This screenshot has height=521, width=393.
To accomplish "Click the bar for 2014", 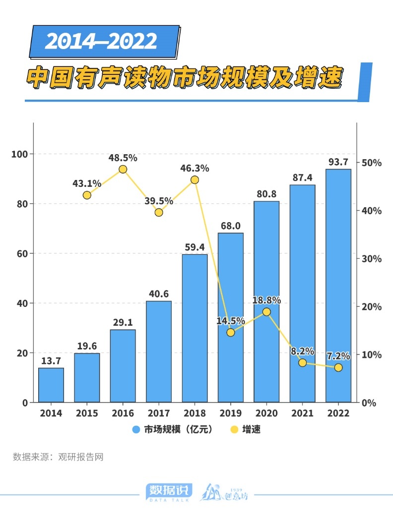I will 51,385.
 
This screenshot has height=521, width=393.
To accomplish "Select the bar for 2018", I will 195,328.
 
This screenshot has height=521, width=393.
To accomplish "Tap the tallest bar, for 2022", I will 338,285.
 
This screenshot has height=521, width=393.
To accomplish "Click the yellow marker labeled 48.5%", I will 123,170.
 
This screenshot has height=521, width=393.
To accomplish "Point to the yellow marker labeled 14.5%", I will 231,332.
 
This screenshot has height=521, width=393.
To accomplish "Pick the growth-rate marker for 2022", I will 338,367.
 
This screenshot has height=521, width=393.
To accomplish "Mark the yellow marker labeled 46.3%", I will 195,180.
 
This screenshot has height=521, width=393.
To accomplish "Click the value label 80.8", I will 266,194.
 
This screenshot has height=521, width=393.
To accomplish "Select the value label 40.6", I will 159,293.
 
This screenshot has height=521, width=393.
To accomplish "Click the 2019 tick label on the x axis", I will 231,413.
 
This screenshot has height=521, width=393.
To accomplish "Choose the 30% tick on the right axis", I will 371,259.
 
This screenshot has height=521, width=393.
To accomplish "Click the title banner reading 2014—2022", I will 102,41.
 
